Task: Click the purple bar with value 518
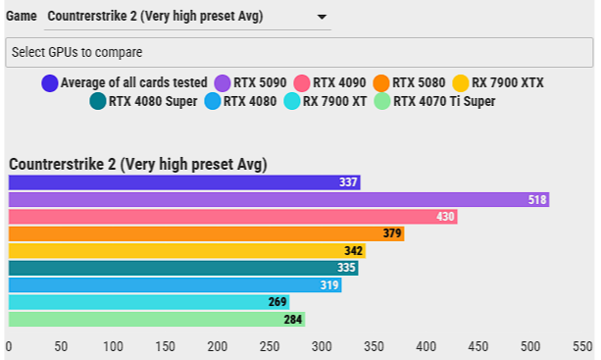point(278,200)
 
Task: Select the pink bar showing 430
point(232,217)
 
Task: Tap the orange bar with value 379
point(206,233)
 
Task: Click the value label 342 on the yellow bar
point(354,251)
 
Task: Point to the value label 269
point(277,302)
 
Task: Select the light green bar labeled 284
point(156,319)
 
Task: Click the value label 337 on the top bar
point(348,182)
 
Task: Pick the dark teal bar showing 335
point(182,268)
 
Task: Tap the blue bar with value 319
point(175,284)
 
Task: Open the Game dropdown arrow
point(322,17)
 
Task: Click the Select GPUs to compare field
point(298,52)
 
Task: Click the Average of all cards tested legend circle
point(50,83)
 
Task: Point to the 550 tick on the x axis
point(582,346)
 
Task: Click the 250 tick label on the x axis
point(269,346)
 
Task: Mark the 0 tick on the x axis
point(9,346)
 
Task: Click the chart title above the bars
point(137,164)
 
